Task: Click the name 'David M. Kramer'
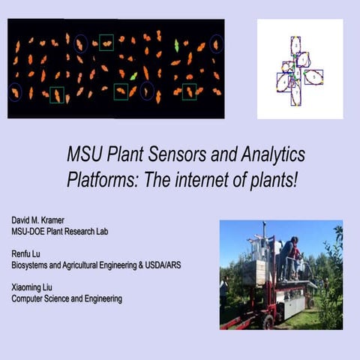pos(43,220)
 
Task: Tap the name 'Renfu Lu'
pos(28,254)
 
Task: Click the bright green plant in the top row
pos(177,45)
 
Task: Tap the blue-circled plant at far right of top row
pos(216,44)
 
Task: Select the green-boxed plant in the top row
pos(106,43)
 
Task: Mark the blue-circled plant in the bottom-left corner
pos(15,91)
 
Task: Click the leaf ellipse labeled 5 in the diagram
pos(313,76)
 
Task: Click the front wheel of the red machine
pos(268,321)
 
